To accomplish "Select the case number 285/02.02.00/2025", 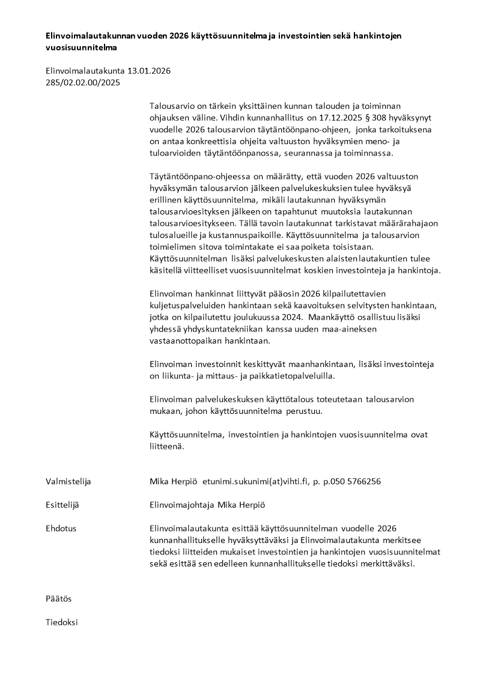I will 83,83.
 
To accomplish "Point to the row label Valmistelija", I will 68,482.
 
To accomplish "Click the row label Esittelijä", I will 62,505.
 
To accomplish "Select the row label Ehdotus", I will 61,529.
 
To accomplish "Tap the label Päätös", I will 59,599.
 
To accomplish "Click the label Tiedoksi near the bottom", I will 62,622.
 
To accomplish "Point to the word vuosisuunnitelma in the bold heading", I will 81,47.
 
